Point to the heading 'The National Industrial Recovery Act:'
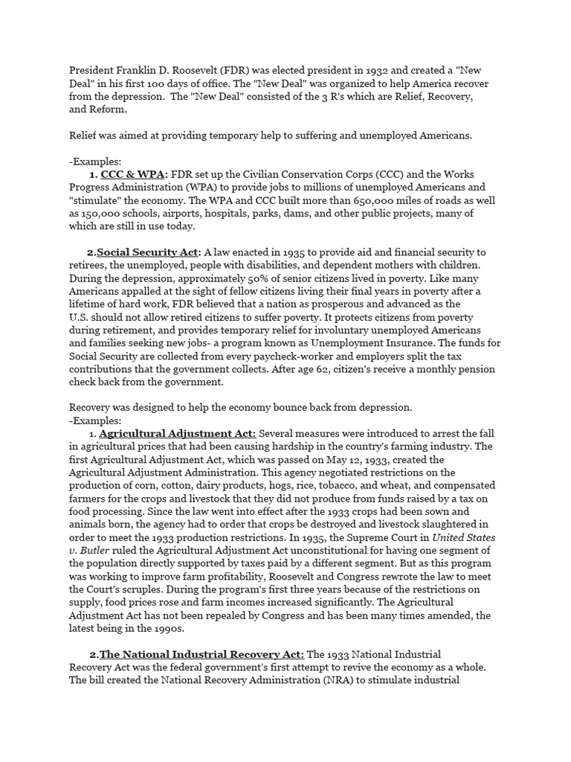pyautogui.click(x=201, y=654)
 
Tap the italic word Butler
pyautogui.click(x=96, y=550)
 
